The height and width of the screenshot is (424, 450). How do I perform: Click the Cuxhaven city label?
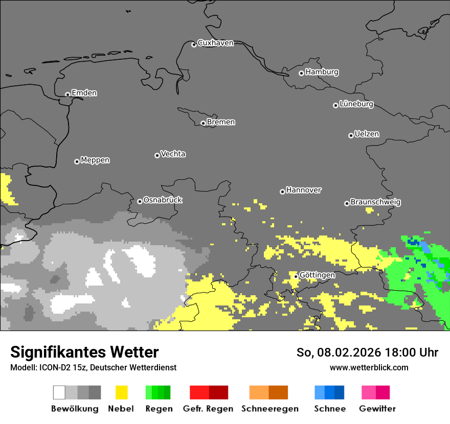pyautogui.click(x=215, y=43)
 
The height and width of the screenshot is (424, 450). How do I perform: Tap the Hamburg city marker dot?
pyautogui.click(x=301, y=73)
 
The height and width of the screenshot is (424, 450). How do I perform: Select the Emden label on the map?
pyautogui.click(x=84, y=93)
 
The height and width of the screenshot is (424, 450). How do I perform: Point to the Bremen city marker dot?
pyautogui.click(x=203, y=123)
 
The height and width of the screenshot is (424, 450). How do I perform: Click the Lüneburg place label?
pyautogui.click(x=356, y=104)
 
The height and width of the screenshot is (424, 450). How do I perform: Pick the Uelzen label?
pyautogui.click(x=367, y=134)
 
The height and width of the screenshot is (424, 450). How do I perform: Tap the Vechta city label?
pyautogui.click(x=173, y=154)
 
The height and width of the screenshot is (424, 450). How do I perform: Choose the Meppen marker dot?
pyautogui.click(x=77, y=161)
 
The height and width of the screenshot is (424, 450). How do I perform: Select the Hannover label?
pyautogui.click(x=303, y=190)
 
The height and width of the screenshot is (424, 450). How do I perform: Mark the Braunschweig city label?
pyautogui.click(x=375, y=202)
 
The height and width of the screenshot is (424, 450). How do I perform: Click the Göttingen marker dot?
pyautogui.click(x=296, y=276)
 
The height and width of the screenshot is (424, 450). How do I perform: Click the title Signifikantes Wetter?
pyautogui.click(x=84, y=352)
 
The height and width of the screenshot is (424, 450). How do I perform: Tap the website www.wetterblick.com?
pyautogui.click(x=369, y=367)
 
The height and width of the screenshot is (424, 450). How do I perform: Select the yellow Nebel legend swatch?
pyautogui.click(x=121, y=392)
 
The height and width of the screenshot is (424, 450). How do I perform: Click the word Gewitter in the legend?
pyautogui.click(x=377, y=409)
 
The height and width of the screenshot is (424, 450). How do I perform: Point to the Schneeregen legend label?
pyautogui.click(x=269, y=409)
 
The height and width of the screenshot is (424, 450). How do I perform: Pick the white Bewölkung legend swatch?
pyautogui.click(x=59, y=392)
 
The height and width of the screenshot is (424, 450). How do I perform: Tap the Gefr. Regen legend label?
pyautogui.click(x=208, y=409)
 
